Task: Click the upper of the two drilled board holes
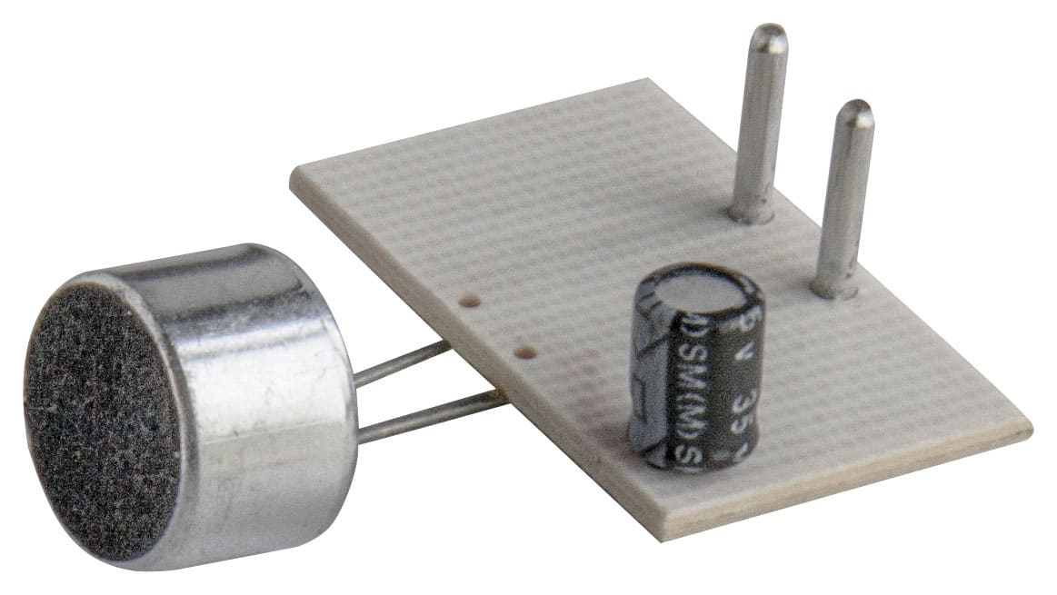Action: point(470,300)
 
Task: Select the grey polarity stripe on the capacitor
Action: point(647,382)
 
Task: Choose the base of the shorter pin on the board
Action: point(834,289)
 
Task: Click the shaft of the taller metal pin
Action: point(760,127)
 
